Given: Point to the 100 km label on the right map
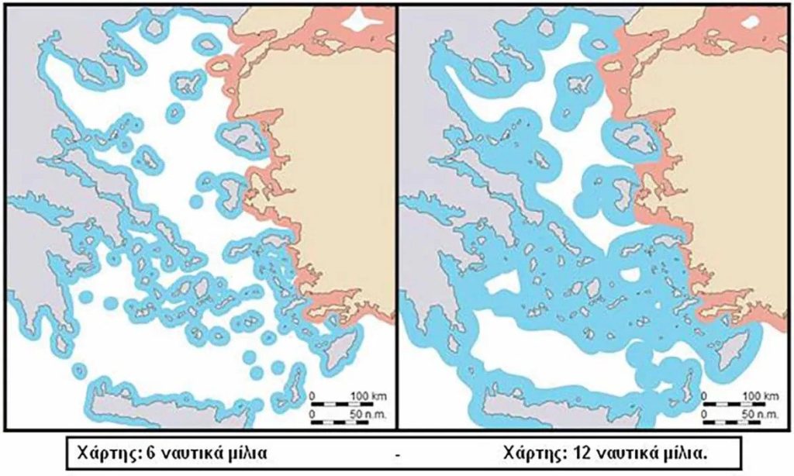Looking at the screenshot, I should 760,397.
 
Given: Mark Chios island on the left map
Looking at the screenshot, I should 228,194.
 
